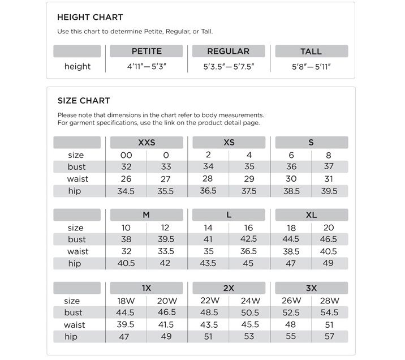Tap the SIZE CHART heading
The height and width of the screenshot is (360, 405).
tap(83, 101)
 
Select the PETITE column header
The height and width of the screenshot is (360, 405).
tap(147, 52)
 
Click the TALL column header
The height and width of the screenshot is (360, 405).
tap(311, 52)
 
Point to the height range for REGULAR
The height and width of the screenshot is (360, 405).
tap(229, 66)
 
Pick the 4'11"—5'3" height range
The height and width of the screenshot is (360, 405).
tap(147, 66)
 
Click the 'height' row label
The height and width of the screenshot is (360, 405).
tap(77, 66)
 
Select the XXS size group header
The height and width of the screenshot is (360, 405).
tap(147, 143)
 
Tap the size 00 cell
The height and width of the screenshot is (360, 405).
tap(126, 155)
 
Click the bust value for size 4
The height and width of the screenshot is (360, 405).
tap(249, 167)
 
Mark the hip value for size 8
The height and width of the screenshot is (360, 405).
tap(329, 191)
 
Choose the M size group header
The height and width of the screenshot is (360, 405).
tap(147, 215)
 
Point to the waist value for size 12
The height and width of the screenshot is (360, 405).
tap(165, 251)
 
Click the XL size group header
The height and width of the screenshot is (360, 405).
tap(311, 215)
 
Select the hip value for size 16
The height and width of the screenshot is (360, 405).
tap(249, 264)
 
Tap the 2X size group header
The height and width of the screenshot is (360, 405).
tap(229, 288)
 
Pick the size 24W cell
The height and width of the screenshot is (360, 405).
tap(249, 301)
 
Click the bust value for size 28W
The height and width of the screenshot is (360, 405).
tap(329, 312)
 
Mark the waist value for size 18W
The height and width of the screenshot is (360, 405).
tap(126, 325)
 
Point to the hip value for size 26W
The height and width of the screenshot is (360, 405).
tap(291, 337)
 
